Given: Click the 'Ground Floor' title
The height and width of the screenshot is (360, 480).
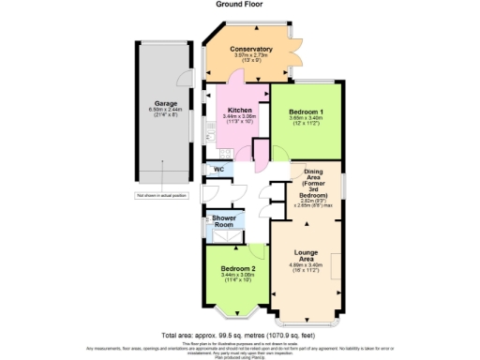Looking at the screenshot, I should click(x=240, y=4).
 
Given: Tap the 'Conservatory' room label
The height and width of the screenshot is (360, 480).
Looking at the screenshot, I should click(x=250, y=49).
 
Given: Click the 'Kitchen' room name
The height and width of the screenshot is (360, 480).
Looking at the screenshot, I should click(x=239, y=109).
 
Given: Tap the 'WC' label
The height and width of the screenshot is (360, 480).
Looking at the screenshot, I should click(x=217, y=170).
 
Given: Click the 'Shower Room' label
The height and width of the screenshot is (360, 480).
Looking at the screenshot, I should click(x=222, y=221).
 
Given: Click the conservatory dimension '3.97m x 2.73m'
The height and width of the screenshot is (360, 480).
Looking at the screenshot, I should click(x=250, y=55).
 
